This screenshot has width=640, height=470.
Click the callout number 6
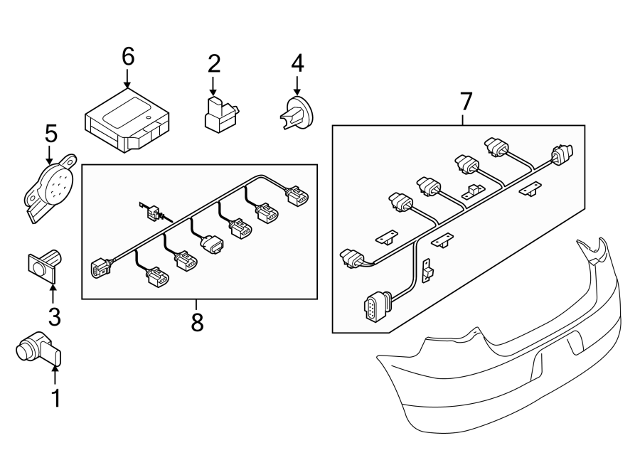coord(128,57)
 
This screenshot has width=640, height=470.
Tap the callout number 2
coord(214,63)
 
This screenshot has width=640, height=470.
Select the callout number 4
coord(297,63)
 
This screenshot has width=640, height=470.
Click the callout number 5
coord(50,132)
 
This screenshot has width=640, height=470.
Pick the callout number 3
coord(53,317)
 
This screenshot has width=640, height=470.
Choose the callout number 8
coord(197,322)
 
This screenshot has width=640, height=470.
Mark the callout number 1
coord(55,399)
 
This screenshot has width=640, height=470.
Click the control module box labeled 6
coord(126,120)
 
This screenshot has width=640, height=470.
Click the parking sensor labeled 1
coord(38,348)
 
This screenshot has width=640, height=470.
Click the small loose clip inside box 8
coord(151,210)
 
